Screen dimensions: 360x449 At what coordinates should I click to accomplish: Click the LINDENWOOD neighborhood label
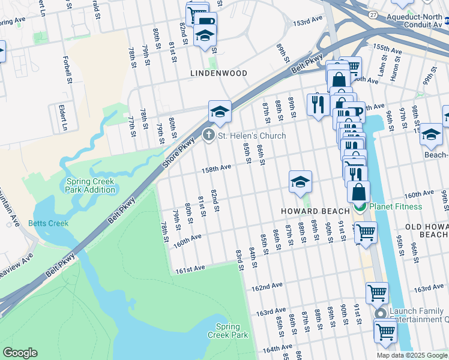tap(218, 73)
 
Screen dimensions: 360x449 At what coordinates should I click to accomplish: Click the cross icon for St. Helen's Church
tap(208, 135)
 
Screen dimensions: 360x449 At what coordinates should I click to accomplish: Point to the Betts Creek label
tap(49, 223)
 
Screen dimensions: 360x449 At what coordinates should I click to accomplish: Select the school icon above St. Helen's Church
tap(220, 112)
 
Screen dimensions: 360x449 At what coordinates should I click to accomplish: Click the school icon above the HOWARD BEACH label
tap(300, 182)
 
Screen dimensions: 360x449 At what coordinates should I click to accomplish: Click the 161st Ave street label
tap(190, 271)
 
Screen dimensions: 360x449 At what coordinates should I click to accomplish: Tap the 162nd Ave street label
tap(267, 287)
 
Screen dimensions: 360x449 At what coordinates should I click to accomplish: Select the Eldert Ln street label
tap(61, 117)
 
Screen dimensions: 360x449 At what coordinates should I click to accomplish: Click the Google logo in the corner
tap(20, 352)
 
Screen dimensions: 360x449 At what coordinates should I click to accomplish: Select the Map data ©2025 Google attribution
tap(411, 355)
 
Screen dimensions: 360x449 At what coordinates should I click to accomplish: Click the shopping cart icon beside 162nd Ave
tap(377, 293)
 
